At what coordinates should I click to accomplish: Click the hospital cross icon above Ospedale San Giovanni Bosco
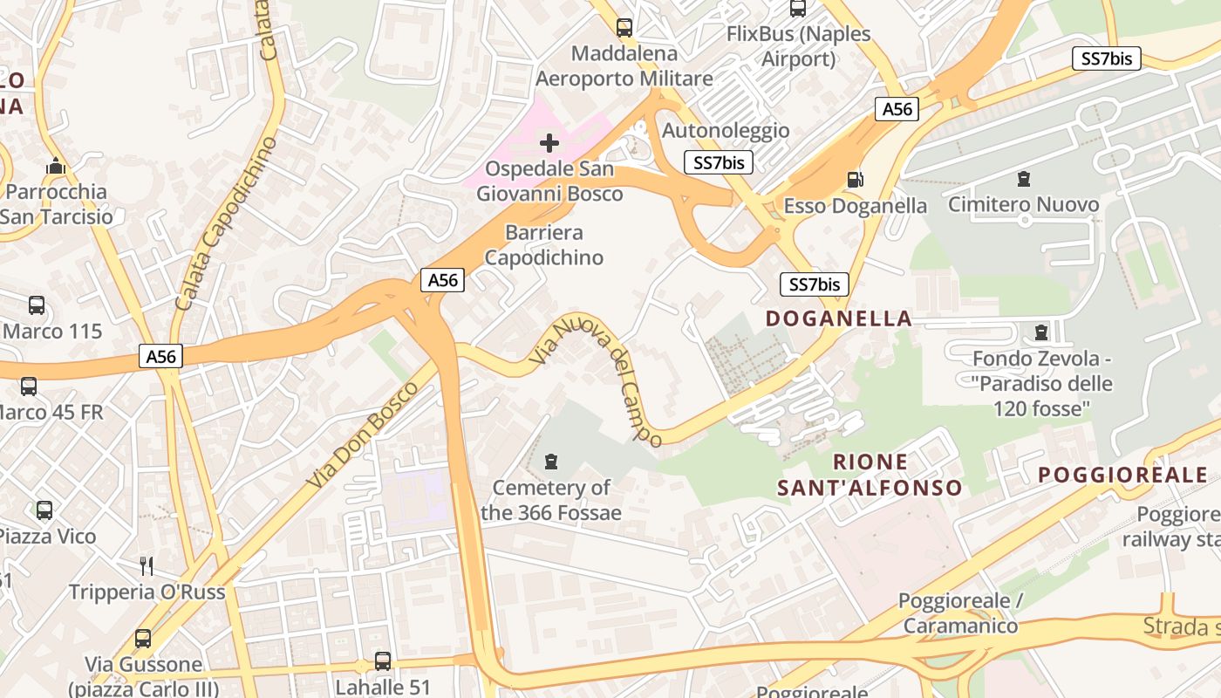point(549,142)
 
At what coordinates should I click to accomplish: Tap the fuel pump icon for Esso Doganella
point(856,180)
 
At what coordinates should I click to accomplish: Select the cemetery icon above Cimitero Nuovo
point(1024,179)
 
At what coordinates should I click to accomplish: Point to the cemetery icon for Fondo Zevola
point(1040,332)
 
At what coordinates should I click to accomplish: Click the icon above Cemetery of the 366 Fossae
point(551,461)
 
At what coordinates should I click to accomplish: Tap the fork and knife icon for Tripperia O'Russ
point(147,566)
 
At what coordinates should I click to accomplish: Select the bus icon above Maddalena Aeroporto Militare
point(624,28)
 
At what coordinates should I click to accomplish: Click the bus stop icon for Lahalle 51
point(383,661)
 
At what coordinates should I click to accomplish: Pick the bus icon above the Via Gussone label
point(143,639)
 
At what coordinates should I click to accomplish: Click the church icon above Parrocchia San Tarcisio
point(57,166)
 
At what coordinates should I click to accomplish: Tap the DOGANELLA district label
point(839,318)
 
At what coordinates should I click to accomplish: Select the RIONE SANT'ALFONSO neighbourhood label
point(870,475)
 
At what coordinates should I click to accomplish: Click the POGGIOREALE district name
point(1123,476)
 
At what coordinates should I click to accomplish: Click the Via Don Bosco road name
point(358,434)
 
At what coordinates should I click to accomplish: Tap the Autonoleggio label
point(726,131)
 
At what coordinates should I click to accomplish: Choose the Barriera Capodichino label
point(544,245)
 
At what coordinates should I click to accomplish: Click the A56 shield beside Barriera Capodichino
point(443,280)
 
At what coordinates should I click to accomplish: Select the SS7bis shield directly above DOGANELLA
point(814,284)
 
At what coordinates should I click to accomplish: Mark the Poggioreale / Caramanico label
point(960,613)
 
